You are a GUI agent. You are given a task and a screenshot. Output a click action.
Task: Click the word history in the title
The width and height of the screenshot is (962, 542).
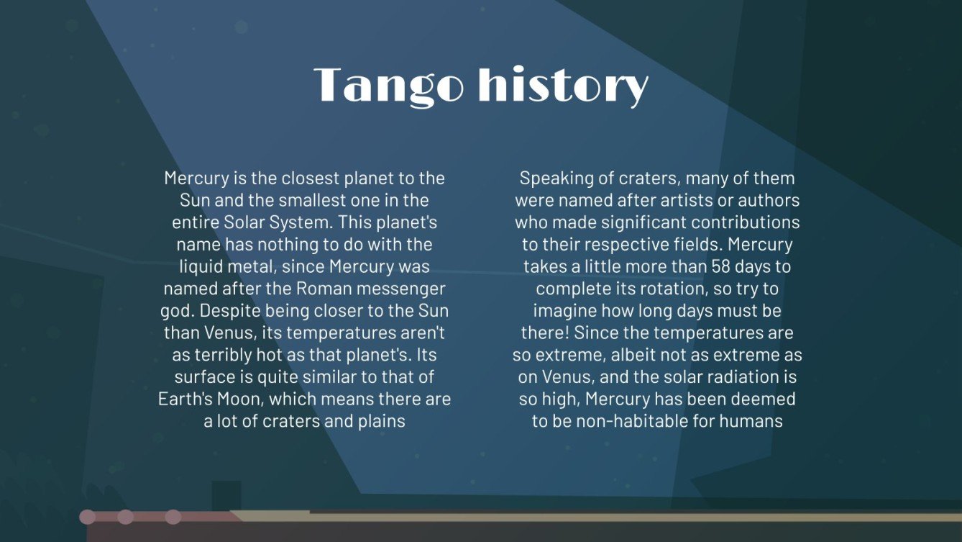[x=563, y=86]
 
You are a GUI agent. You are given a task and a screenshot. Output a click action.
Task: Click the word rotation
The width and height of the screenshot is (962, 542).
[x=669, y=289]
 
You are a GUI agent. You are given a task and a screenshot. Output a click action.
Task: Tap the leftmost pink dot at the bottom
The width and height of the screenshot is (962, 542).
[x=88, y=517]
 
